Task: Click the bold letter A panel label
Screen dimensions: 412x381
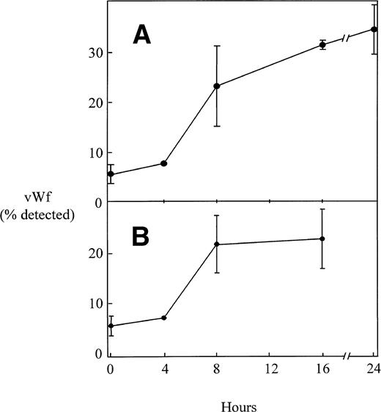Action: (141, 35)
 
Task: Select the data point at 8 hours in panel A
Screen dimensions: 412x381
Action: (217, 86)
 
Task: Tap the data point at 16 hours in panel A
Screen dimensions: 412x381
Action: (322, 45)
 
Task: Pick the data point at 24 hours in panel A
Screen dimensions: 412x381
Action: (374, 29)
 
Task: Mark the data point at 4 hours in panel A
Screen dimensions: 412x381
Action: (163, 163)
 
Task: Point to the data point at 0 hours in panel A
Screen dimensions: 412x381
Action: (111, 174)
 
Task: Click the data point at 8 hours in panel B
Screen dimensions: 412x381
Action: (217, 244)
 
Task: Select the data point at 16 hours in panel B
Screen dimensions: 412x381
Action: (322, 239)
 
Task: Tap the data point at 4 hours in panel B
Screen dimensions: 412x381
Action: (163, 318)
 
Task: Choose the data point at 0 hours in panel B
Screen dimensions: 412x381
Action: (111, 326)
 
